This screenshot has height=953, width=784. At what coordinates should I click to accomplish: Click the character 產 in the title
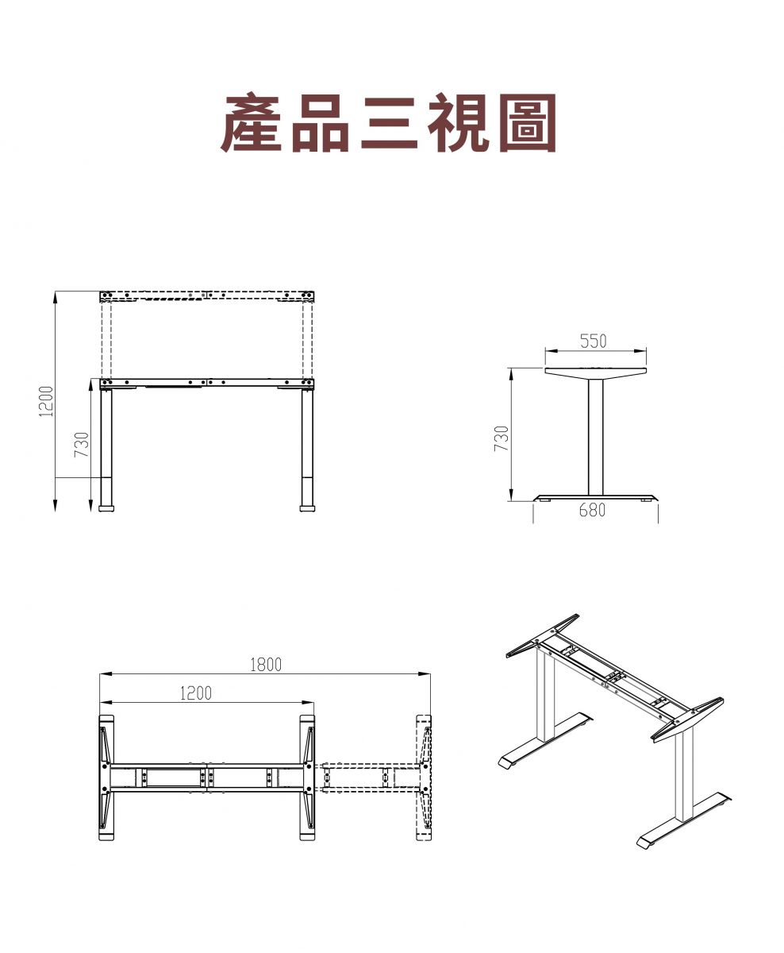(252, 122)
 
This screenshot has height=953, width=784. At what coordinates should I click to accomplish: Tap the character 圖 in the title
(527, 122)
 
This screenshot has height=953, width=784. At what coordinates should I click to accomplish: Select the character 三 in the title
(389, 123)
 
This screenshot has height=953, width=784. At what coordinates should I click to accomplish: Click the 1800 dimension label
(266, 665)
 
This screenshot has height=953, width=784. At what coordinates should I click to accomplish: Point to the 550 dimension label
(593, 341)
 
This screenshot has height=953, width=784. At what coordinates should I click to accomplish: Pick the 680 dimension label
(592, 510)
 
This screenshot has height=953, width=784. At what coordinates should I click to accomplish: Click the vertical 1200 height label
(46, 401)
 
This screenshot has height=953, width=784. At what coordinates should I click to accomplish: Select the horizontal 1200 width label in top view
(195, 693)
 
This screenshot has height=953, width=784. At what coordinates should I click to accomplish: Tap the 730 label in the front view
(81, 444)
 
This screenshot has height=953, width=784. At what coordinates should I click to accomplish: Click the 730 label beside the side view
(502, 438)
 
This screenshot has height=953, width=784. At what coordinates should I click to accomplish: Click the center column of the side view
(595, 437)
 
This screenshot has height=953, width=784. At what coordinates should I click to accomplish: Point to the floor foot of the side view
(596, 498)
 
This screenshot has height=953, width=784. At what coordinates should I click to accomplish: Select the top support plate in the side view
(595, 373)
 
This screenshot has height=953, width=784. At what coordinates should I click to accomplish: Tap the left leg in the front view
(106, 450)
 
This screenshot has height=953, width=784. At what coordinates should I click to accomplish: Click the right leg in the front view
(307, 450)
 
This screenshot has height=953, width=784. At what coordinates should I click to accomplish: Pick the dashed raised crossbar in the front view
(207, 296)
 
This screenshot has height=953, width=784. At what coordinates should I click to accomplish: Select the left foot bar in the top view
(106, 777)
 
